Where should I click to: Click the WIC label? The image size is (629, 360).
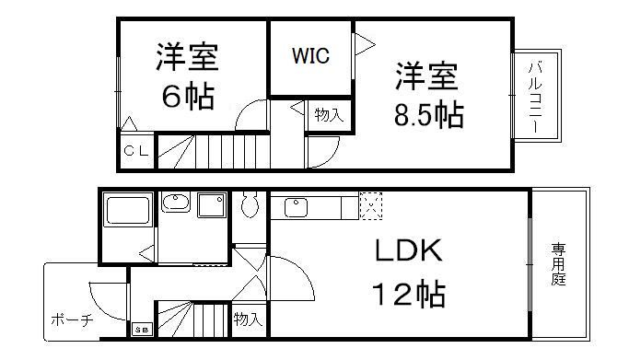(x=310, y=55)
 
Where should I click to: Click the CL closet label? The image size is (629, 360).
(x=135, y=150)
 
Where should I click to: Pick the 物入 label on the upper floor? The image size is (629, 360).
(x=328, y=115)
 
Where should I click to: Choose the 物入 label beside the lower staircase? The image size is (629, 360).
(x=247, y=319)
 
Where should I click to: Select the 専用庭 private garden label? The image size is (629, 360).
(x=558, y=264)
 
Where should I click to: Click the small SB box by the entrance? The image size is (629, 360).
(x=143, y=329)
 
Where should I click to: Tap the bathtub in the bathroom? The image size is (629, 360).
(x=128, y=211)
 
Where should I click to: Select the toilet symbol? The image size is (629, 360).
(x=250, y=209)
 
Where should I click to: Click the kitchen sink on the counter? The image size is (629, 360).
(x=297, y=207)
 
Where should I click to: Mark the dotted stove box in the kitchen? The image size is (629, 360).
(x=369, y=206)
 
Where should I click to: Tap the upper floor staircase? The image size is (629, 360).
(x=212, y=148)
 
